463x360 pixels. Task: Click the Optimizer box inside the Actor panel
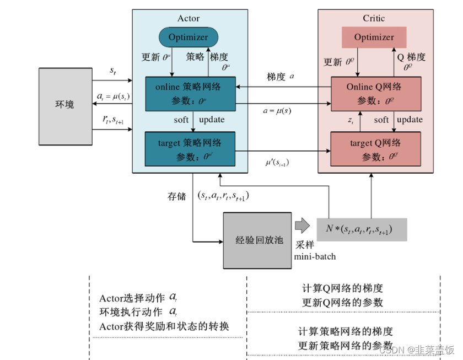coord(189,37)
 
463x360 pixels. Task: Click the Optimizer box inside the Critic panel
coord(374,37)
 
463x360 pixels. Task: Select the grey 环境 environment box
coord(64,105)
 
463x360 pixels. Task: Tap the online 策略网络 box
coord(190,93)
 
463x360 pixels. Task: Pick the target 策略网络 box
coord(190,149)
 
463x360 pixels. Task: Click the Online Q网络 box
coord(375,93)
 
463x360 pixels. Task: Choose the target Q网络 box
coord(375,149)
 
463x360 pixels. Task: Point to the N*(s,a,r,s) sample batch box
coord(362,228)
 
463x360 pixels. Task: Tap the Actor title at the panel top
coord(189,18)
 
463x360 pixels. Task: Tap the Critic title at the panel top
coord(374,18)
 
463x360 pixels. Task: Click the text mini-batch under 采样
coord(314,256)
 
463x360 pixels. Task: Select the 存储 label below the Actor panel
coord(177,195)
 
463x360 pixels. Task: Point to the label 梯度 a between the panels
coord(281,77)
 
